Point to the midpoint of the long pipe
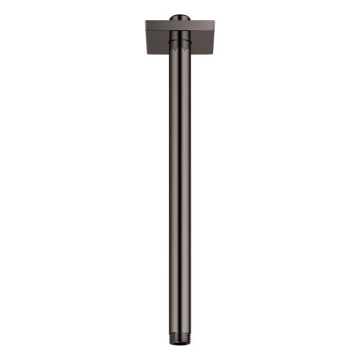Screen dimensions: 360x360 coord(179,187)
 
